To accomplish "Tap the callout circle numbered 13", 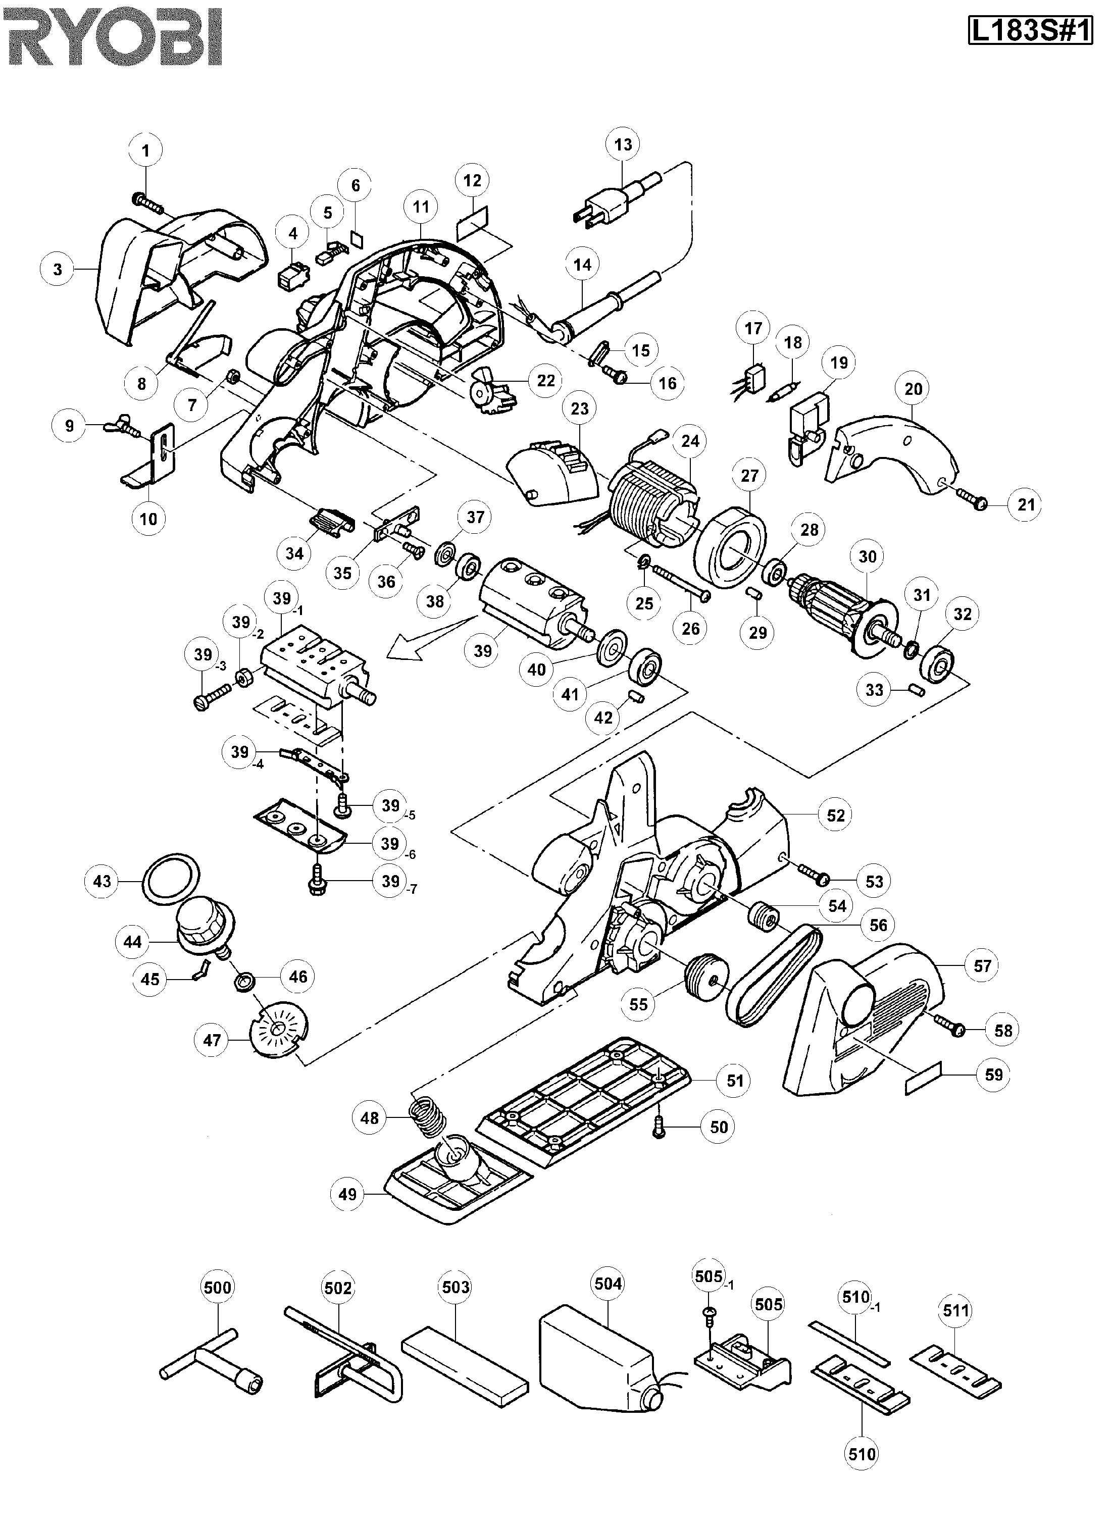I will [x=623, y=144].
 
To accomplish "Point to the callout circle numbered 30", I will [x=868, y=556].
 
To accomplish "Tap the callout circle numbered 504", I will [x=608, y=1283].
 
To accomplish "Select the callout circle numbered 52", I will [x=836, y=815].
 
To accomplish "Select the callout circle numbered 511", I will [x=955, y=1311].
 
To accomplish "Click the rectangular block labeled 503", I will [x=464, y=1363].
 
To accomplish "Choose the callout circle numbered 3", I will [x=58, y=269].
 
